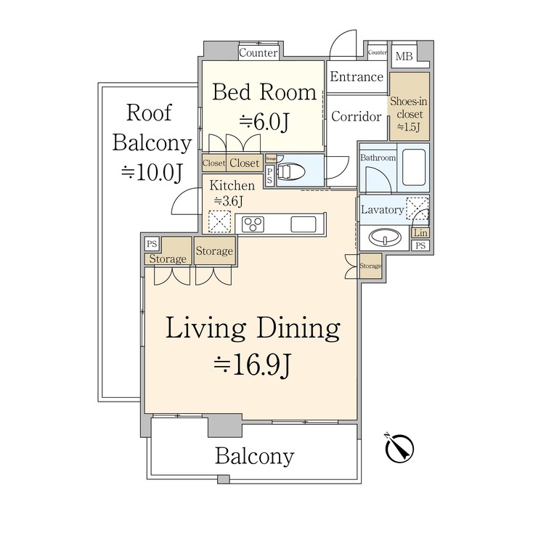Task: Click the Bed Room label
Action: tap(264, 92)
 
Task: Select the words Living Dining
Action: tap(253, 329)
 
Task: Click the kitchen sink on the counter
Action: tap(303, 224)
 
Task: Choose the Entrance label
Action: tap(357, 77)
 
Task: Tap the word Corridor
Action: tap(356, 116)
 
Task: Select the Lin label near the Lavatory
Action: tap(420, 233)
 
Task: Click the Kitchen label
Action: tap(233, 186)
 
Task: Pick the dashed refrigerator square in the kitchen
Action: tap(219, 221)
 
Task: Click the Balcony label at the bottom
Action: tap(254, 456)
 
